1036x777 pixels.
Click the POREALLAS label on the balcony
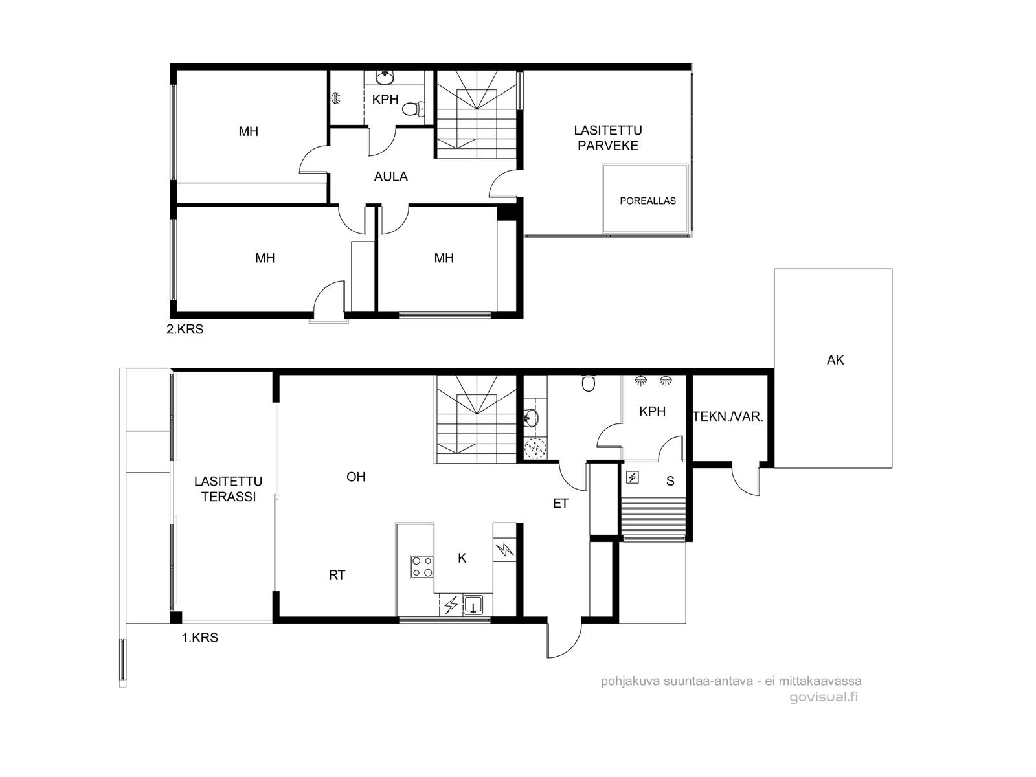click(x=647, y=201)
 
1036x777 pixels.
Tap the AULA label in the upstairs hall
click(x=391, y=176)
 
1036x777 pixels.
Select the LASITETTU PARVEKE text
click(x=608, y=138)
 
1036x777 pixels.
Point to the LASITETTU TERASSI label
click(x=229, y=489)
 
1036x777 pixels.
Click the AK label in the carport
click(x=835, y=360)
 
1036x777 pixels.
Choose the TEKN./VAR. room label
click(x=728, y=416)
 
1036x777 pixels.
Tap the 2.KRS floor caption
click(x=185, y=330)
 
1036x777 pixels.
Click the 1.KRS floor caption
click(x=200, y=638)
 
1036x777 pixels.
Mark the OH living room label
click(x=356, y=477)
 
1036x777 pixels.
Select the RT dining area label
click(x=337, y=575)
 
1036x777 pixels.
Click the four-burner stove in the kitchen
click(x=422, y=567)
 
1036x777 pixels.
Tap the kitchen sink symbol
click(x=473, y=604)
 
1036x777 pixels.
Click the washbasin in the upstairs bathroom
click(x=385, y=77)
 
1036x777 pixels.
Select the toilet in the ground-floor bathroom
click(x=588, y=383)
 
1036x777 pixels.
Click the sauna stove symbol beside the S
click(x=633, y=477)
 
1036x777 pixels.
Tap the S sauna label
click(x=670, y=480)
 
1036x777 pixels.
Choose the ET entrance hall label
click(x=561, y=503)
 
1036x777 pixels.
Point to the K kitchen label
click(x=462, y=558)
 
